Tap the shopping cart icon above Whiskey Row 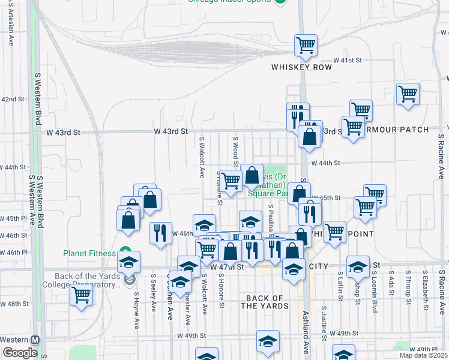306,46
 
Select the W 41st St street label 348,61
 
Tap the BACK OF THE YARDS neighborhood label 265,302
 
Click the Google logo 20,353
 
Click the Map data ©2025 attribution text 424,355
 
